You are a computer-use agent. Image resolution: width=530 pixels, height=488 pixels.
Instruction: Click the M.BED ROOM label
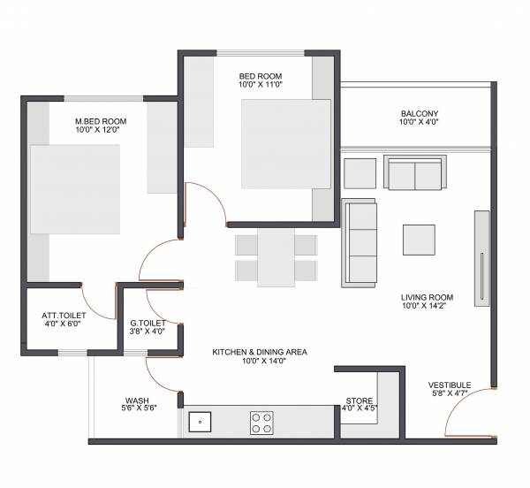[101, 121]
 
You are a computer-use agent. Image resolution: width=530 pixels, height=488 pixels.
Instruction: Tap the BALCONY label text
[419, 113]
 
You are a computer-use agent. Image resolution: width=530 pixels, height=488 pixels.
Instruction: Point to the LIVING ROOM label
[428, 297]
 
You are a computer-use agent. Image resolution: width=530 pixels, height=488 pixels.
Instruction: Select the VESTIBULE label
[450, 385]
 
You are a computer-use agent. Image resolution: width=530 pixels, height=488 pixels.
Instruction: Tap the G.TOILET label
[148, 323]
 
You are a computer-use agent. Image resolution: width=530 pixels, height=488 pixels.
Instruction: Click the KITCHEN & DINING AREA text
[259, 352]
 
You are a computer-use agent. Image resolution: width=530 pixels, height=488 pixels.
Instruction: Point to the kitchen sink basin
[201, 422]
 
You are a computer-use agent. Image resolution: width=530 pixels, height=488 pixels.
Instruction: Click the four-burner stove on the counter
[261, 422]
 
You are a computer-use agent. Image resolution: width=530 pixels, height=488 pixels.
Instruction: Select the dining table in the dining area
[276, 256]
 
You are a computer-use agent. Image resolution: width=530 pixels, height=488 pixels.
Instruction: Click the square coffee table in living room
[419, 240]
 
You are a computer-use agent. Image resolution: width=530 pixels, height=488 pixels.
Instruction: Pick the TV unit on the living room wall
[481, 258]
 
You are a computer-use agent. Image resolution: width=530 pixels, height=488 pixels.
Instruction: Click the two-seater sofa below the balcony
[413, 172]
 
